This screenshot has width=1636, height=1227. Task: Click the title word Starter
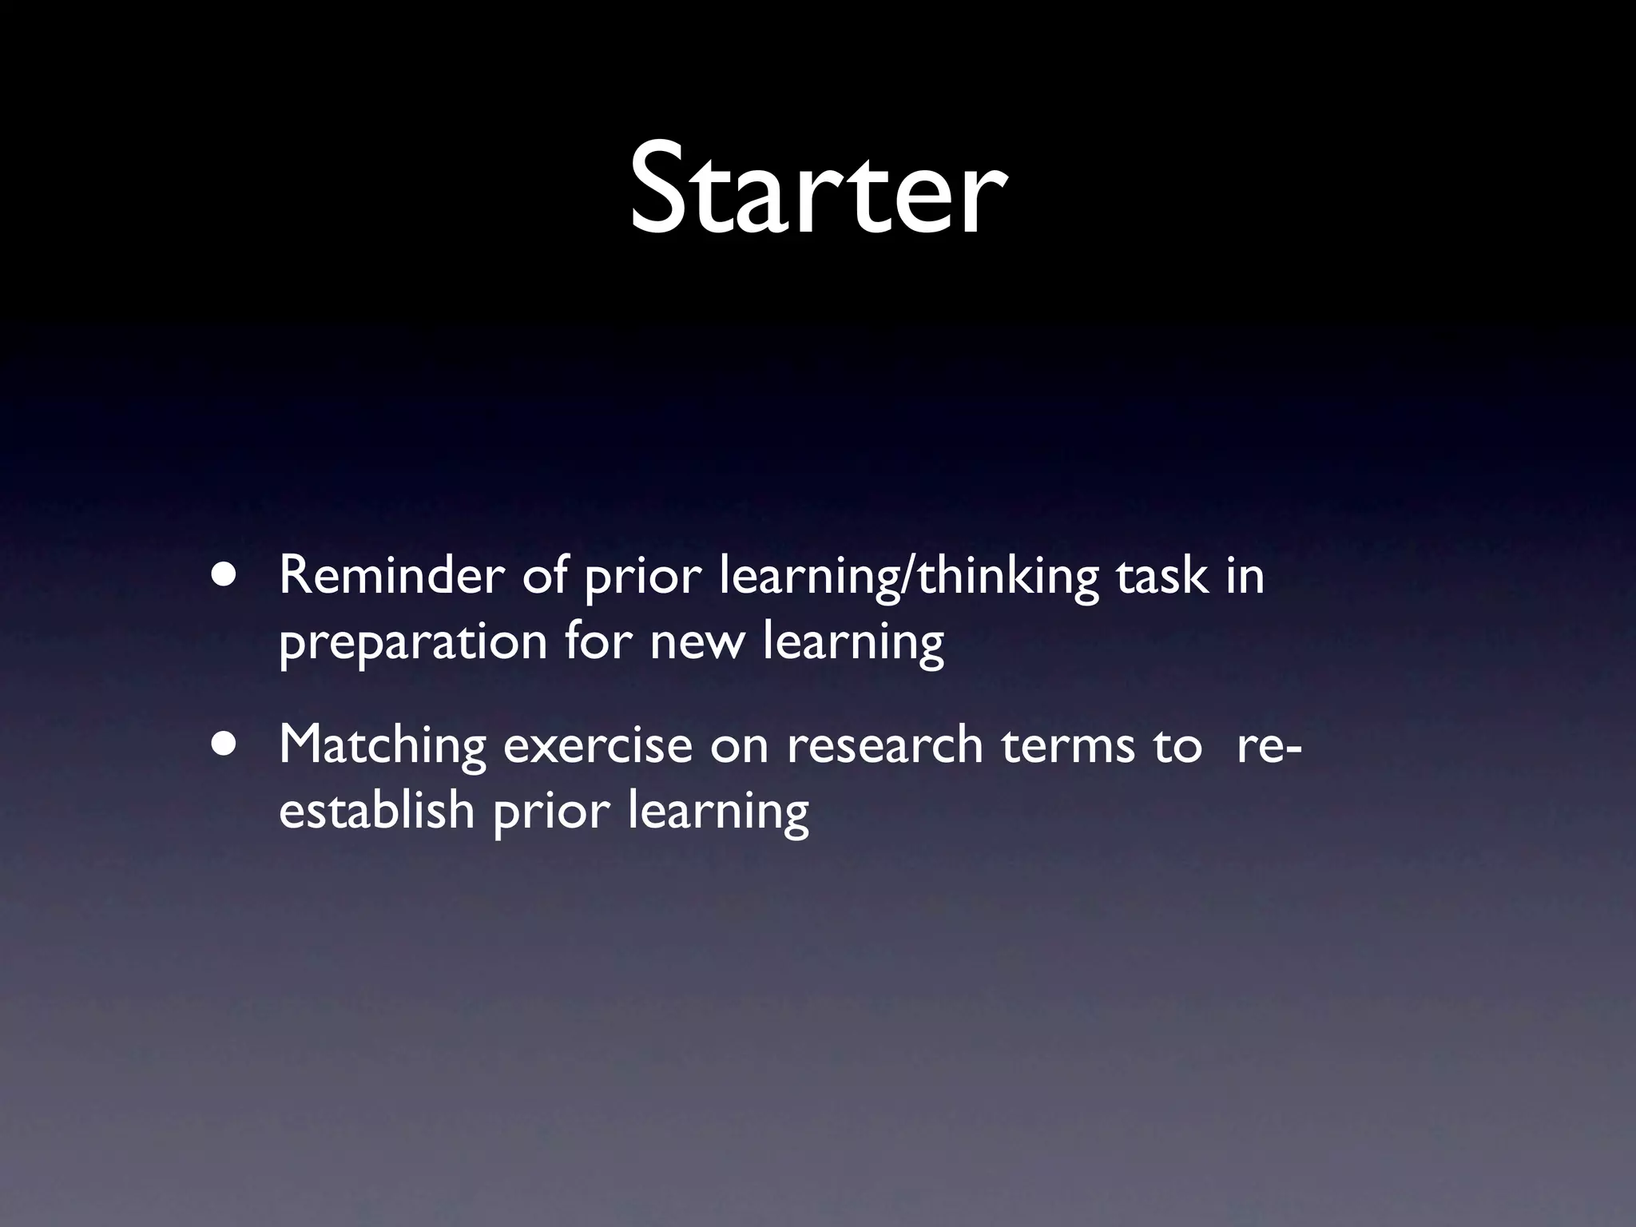[x=816, y=190]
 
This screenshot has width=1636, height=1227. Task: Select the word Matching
[x=382, y=745]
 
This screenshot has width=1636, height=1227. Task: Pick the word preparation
[x=412, y=643]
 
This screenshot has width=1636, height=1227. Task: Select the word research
[x=884, y=745]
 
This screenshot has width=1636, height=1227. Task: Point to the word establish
[x=376, y=811]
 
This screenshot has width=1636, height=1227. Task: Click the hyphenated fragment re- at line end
[x=1269, y=745]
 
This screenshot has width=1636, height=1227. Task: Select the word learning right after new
[x=853, y=643]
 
